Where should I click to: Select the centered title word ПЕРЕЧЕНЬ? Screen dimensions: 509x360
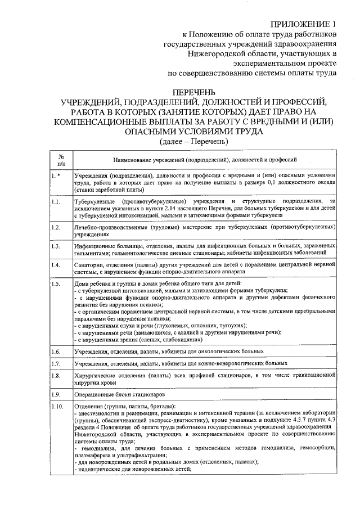click(x=194, y=92)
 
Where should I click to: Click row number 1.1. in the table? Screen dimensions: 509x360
click(x=56, y=201)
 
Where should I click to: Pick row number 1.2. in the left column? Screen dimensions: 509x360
click(x=56, y=227)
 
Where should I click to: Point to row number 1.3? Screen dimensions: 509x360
click(x=56, y=246)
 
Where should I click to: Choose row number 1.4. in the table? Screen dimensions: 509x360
click(x=56, y=265)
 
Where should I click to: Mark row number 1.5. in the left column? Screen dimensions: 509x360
click(x=56, y=283)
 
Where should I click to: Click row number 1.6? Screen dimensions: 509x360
click(x=56, y=352)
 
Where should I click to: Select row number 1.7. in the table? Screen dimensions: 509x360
click(x=56, y=364)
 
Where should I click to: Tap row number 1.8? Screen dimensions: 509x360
click(x=56, y=375)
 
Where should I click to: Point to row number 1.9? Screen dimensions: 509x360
click(x=56, y=394)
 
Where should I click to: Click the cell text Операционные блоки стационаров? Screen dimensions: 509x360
click(x=120, y=394)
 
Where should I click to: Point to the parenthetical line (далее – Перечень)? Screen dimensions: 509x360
click(x=194, y=141)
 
